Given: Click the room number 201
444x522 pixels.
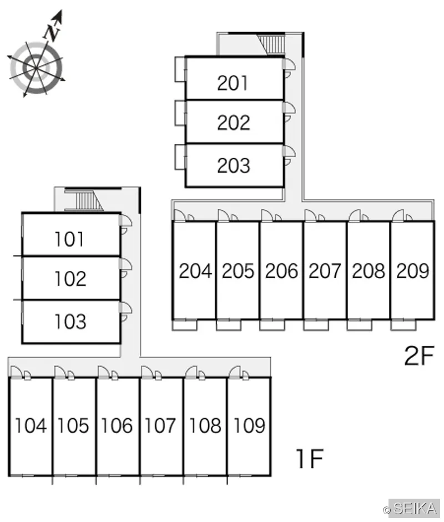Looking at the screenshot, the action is (x=233, y=83).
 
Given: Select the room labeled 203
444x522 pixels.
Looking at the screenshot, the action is (x=233, y=165).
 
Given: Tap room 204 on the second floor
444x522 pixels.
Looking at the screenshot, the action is (x=195, y=271).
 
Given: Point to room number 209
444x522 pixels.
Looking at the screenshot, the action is (x=412, y=271).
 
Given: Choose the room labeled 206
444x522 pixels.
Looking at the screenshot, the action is (x=281, y=271).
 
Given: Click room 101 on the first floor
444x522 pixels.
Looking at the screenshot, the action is (x=69, y=239).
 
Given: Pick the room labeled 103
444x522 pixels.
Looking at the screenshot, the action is (x=70, y=322).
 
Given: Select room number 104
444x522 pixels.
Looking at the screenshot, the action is (x=31, y=425).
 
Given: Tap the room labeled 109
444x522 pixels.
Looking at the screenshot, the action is (x=249, y=425).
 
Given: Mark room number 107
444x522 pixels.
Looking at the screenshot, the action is (x=160, y=425).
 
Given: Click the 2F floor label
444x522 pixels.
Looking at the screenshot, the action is (x=420, y=355).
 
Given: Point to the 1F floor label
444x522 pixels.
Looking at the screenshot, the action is (x=310, y=459).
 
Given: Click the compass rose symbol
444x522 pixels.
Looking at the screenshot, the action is (x=36, y=68).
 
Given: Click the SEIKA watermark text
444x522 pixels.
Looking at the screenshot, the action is (x=415, y=509).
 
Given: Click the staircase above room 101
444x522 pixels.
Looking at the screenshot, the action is (x=89, y=201).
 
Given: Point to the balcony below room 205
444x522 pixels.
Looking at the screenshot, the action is (x=229, y=325).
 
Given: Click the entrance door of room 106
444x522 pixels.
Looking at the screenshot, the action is (x=104, y=373).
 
